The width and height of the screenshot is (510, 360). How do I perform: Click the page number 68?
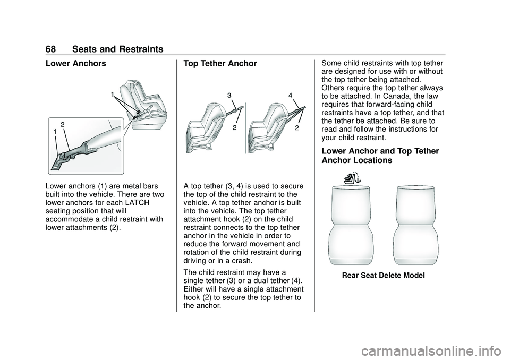[x=53, y=49]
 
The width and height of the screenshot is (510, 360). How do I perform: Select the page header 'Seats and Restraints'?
[x=118, y=49]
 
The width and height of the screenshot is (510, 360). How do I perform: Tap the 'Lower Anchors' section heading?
[x=76, y=64]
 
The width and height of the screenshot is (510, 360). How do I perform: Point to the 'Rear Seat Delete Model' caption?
[x=383, y=275]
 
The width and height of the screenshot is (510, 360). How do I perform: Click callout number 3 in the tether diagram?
[x=229, y=95]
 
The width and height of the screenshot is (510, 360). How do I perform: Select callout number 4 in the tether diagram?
[x=291, y=95]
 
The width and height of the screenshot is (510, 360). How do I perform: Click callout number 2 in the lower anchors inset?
[x=63, y=124]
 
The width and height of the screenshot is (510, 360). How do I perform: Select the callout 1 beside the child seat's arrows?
[x=113, y=94]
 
